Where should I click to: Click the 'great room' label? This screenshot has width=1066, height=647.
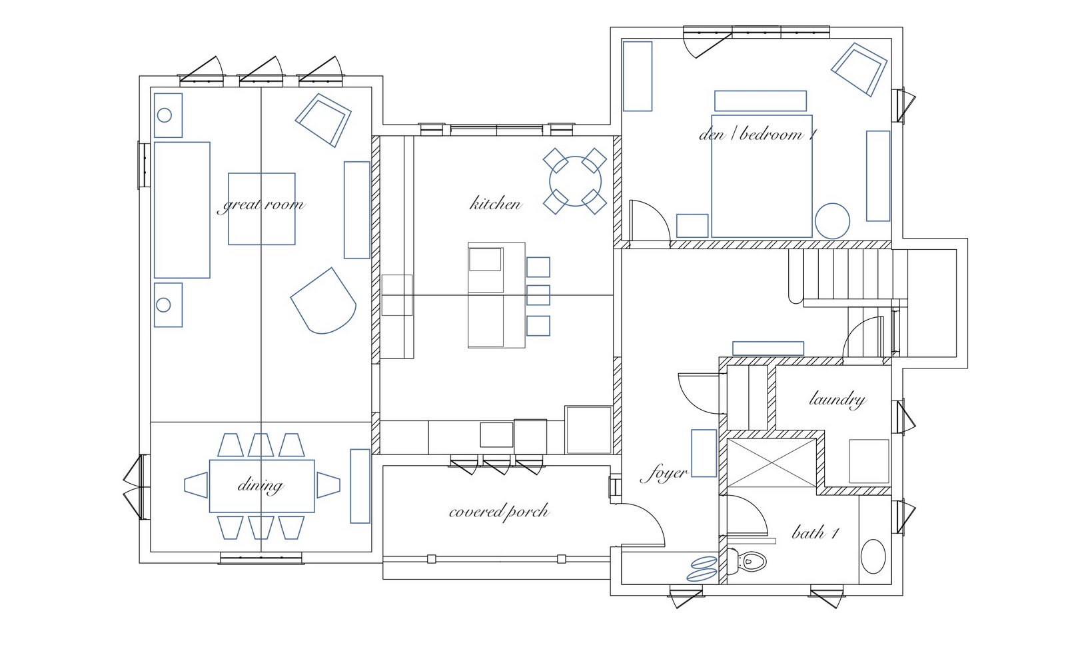pyautogui.click(x=261, y=205)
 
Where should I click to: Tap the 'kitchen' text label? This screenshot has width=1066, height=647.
pyautogui.click(x=496, y=204)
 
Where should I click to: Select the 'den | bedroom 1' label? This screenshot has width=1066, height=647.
pyautogui.click(x=758, y=135)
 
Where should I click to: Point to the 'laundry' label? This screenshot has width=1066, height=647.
pyautogui.click(x=837, y=399)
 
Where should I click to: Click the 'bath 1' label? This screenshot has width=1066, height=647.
pyautogui.click(x=815, y=533)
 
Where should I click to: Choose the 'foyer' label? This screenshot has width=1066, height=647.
pyautogui.click(x=664, y=474)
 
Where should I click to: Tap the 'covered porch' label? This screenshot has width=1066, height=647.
pyautogui.click(x=499, y=512)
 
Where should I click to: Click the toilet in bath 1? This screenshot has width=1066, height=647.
pyautogui.click(x=746, y=562)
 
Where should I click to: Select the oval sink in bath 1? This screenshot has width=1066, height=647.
pyautogui.click(x=873, y=556)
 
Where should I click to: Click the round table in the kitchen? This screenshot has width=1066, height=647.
pyautogui.click(x=576, y=181)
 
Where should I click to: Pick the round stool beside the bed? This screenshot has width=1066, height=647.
pyautogui.click(x=832, y=221)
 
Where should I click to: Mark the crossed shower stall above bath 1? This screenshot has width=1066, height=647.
pyautogui.click(x=772, y=462)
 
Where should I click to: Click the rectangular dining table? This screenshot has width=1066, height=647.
pyautogui.click(x=262, y=486)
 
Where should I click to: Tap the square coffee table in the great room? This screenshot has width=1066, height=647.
pyautogui.click(x=262, y=209)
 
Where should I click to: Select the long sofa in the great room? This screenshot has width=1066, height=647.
pyautogui.click(x=182, y=210)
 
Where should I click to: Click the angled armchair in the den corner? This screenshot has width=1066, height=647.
pyautogui.click(x=859, y=69)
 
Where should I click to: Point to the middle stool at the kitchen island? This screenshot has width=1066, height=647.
pyautogui.click(x=538, y=295)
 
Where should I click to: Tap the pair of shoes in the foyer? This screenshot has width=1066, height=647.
pyautogui.click(x=702, y=568)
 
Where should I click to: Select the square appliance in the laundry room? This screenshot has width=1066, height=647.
pyautogui.click(x=869, y=461)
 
